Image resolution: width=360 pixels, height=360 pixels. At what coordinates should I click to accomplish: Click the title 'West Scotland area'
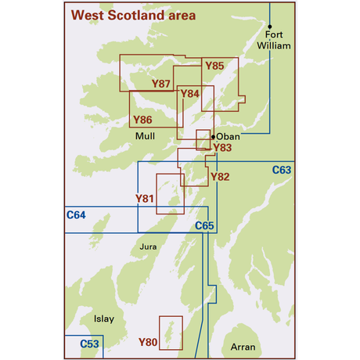(x=133, y=15)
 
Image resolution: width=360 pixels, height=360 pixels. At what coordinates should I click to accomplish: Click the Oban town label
(x=228, y=136)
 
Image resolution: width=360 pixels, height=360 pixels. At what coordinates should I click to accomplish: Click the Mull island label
(x=146, y=136)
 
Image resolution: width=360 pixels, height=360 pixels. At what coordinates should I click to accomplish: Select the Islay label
(x=103, y=319)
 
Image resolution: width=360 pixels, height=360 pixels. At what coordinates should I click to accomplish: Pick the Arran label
(x=243, y=346)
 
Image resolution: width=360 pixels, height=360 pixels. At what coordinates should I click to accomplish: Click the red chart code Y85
(x=214, y=67)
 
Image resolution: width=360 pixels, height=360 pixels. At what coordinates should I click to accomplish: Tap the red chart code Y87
(x=161, y=83)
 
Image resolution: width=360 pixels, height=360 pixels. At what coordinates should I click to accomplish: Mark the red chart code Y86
(x=142, y=120)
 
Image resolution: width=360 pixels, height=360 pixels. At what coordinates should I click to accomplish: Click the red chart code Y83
(x=222, y=147)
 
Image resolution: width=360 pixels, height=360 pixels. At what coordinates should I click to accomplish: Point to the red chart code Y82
(x=221, y=178)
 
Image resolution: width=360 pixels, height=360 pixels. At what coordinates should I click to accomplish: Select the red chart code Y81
(x=145, y=199)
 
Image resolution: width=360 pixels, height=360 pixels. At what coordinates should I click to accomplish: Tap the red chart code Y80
(x=148, y=341)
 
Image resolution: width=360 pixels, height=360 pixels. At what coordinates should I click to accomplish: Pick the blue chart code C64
(x=76, y=214)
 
